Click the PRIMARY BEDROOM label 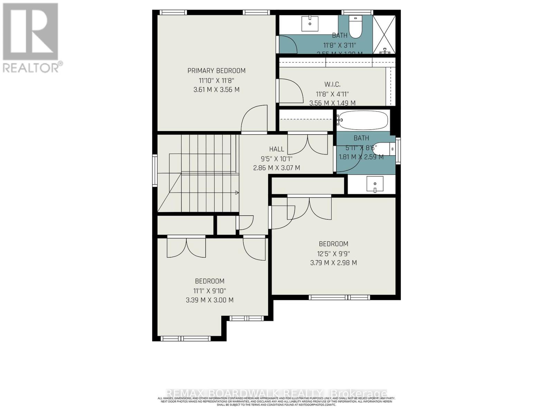click(216, 71)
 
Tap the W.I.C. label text click(332, 85)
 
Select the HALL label click(276, 149)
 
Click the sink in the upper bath click(310, 23)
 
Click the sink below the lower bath click(375, 185)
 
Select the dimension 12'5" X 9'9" click(334, 254)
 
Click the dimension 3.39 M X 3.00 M click(209, 300)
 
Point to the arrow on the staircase click(237, 193)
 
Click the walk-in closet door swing click(290, 91)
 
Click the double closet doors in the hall click(308, 144)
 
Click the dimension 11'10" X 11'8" click(216, 80)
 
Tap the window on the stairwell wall click(155, 171)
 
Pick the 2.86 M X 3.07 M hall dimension click(276, 168)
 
